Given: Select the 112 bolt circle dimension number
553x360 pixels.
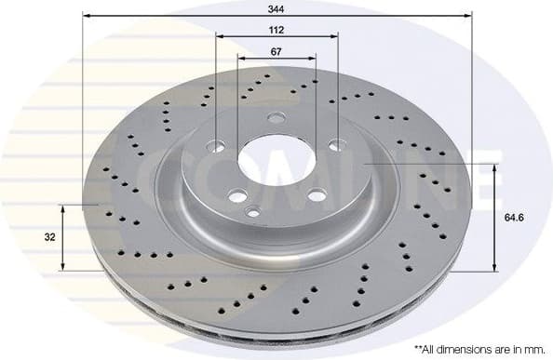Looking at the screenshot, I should [275, 29].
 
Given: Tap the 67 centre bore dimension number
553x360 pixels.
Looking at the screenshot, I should [276, 52].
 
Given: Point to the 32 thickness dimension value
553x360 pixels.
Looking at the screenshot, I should [48, 236].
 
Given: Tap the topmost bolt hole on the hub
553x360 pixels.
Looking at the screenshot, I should [276, 118].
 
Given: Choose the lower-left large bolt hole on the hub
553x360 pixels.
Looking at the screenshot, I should [238, 195].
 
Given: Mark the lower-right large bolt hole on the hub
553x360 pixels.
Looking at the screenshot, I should [317, 196].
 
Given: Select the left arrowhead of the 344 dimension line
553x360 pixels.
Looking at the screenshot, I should [86, 16].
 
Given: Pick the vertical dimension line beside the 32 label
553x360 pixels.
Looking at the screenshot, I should [62, 236].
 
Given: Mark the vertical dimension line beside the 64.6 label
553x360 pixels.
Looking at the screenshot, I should [493, 218].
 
